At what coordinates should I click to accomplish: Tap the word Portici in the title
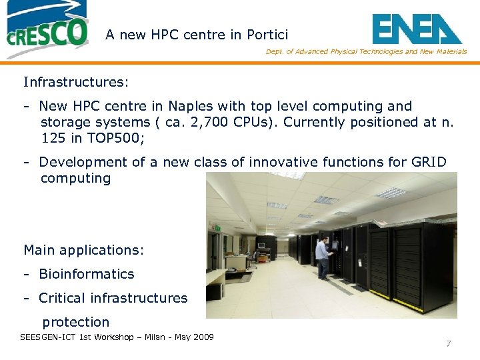click(x=267, y=35)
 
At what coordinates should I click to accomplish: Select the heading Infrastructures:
click(x=76, y=82)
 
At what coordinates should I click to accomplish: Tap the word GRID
click(x=429, y=162)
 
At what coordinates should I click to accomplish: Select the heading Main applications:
click(x=83, y=250)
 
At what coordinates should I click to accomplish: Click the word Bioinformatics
click(x=87, y=274)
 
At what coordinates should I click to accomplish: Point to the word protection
click(x=75, y=322)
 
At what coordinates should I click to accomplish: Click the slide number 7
click(x=448, y=344)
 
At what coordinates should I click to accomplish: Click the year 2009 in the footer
click(x=202, y=337)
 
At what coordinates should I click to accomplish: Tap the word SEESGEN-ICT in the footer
click(x=48, y=337)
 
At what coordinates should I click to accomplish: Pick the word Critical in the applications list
click(x=64, y=298)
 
